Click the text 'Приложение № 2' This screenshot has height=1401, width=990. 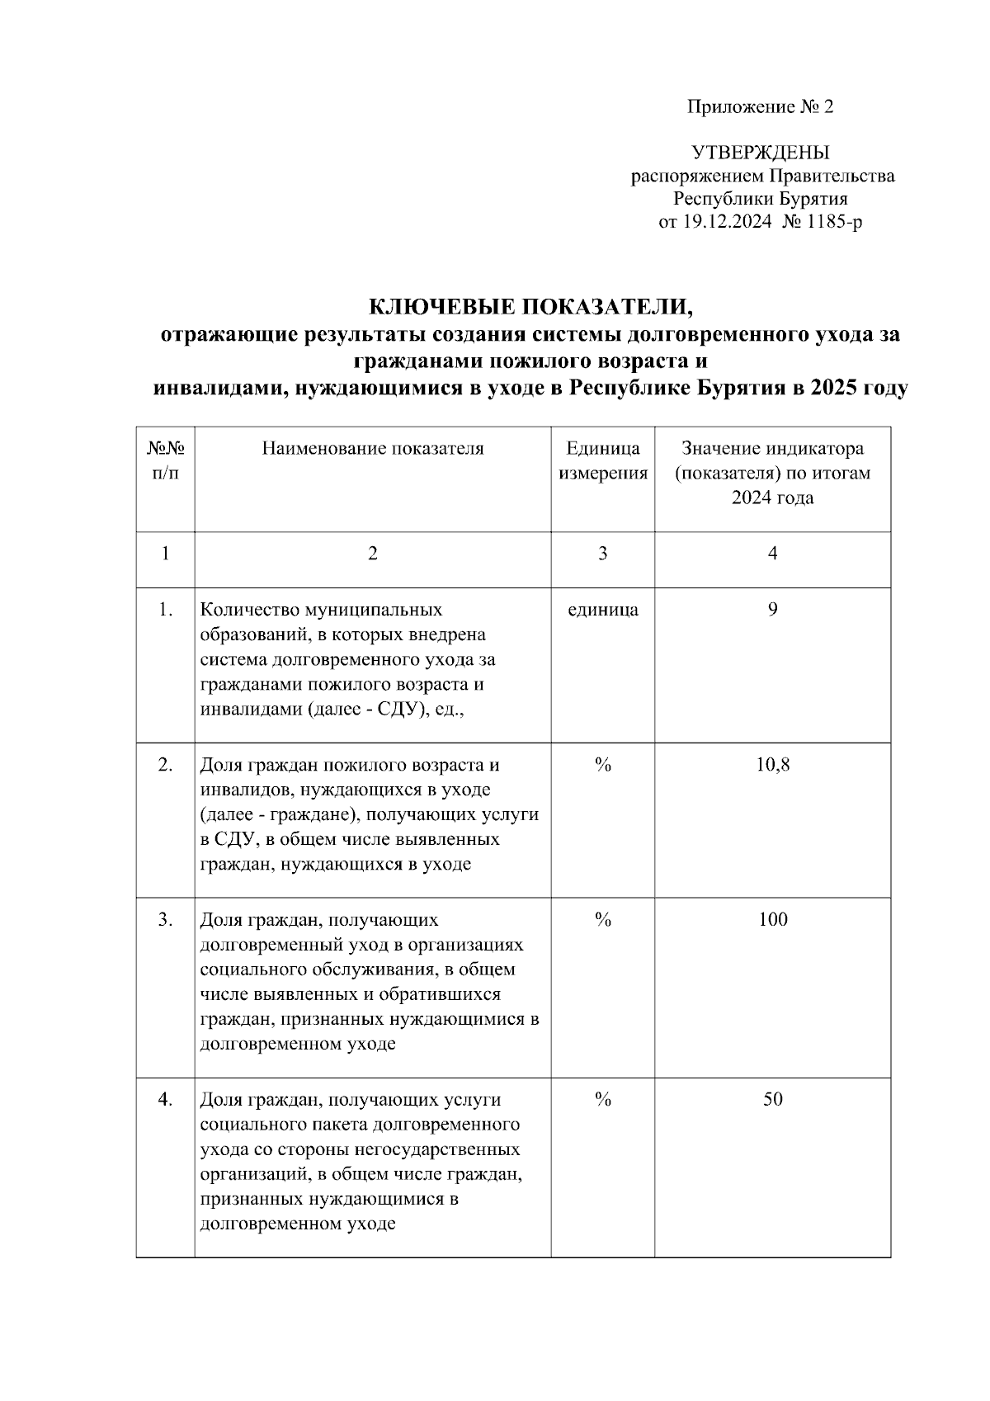760,107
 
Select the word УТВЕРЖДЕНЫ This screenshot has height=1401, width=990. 760,153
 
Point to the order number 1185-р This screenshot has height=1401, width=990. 834,222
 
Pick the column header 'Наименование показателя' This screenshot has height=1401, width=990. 373,449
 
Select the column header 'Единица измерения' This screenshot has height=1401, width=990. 603,461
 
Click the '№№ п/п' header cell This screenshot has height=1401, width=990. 165,461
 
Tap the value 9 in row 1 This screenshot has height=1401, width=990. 772,611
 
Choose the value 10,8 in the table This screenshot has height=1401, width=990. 772,765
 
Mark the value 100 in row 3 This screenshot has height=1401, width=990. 772,920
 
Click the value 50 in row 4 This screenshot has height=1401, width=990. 772,1100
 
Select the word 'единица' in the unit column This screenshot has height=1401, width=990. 603,611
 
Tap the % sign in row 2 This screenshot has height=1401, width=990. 603,765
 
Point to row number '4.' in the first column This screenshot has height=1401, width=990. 165,1100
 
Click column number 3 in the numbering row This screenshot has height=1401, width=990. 603,554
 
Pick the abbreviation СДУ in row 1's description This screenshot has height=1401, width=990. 402,710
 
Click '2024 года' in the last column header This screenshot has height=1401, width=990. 772,498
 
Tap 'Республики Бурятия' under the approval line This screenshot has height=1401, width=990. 760,199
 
